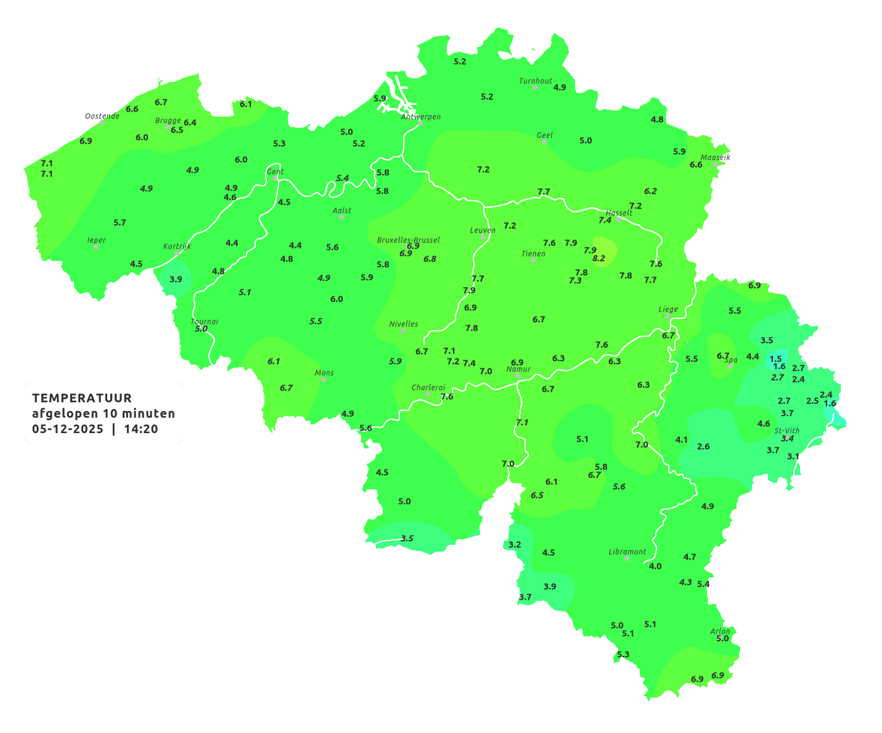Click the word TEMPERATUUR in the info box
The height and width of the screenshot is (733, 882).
coord(82,398)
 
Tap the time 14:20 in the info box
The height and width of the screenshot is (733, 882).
coord(141,429)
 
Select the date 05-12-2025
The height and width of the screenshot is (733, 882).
coord(68,429)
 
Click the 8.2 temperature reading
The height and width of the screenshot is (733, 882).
coord(598,259)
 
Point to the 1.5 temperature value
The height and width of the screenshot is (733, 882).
coord(775,358)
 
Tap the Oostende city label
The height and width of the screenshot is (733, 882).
coord(102,115)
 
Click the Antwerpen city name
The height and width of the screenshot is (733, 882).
coord(421,116)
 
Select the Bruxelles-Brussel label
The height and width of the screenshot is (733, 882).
coord(408,239)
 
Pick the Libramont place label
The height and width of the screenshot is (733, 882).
coord(627,552)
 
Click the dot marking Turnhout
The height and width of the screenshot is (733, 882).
coord(535,88)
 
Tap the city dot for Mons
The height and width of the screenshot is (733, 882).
coord(324,379)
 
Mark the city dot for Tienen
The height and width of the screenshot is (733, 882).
coord(533,260)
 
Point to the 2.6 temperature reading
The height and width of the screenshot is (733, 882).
coord(703,446)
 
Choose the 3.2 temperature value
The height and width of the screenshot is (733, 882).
coord(515,544)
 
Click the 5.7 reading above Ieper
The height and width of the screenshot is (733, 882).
coord(120,222)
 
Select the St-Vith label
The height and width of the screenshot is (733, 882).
coord(787,431)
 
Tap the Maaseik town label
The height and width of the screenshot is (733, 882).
coord(715,157)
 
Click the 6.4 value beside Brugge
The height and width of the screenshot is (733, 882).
coord(190,122)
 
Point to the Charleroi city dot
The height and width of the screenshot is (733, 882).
coord(428,394)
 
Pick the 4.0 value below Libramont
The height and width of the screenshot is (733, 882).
coord(655,566)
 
